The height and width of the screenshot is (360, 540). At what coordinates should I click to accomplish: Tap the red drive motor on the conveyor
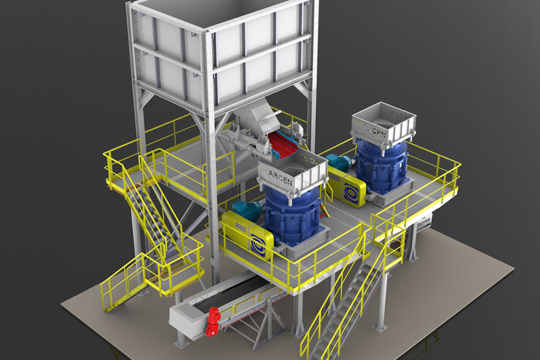(x=213, y=321)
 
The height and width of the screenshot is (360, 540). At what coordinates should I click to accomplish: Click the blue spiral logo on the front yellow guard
(x=259, y=242)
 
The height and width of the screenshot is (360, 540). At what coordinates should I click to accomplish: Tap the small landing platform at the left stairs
(x=177, y=269)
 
